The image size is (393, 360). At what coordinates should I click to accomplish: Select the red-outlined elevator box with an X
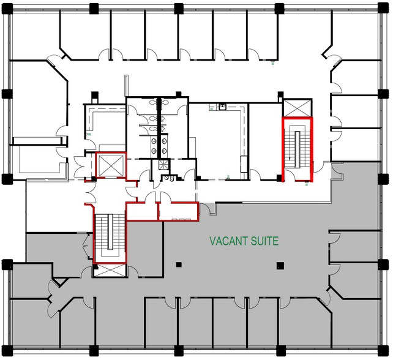point(110,165)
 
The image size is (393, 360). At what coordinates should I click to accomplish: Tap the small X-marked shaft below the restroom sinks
point(164,164)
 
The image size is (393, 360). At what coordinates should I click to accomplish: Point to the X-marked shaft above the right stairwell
point(297,108)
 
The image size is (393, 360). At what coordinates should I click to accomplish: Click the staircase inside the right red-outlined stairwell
point(297,147)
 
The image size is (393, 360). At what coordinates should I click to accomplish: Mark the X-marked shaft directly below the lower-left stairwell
point(110,270)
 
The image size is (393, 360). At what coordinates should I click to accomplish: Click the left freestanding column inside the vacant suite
point(178,265)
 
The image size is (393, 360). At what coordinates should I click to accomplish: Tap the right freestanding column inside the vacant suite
point(280,265)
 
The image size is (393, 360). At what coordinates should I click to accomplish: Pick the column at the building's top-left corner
point(8,9)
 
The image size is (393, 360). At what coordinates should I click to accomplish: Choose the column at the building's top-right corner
point(384,9)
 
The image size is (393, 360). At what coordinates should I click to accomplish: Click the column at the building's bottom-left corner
point(8,351)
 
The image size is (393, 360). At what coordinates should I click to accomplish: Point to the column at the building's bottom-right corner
point(384,351)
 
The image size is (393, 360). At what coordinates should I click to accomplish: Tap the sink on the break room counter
point(222,108)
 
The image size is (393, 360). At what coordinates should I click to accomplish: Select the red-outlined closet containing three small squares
point(178,212)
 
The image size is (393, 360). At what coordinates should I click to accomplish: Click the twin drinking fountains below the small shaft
point(168,179)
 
